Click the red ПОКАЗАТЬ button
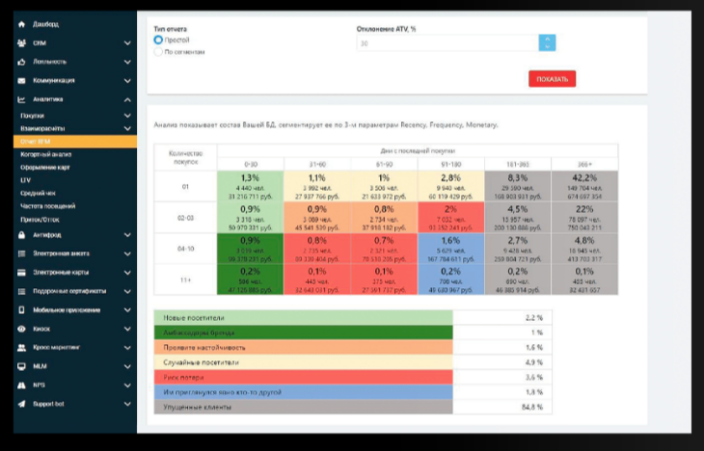click(552, 79)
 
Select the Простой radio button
click(158, 40)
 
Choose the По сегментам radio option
click(158, 53)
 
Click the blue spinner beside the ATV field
click(547, 42)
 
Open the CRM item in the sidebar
click(40, 43)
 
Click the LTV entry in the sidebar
click(26, 180)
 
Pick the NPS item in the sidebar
click(39, 384)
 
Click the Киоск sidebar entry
click(41, 329)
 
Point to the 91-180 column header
click(450, 164)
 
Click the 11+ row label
click(185, 280)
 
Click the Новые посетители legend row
click(302, 316)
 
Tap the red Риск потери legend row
click(302, 378)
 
